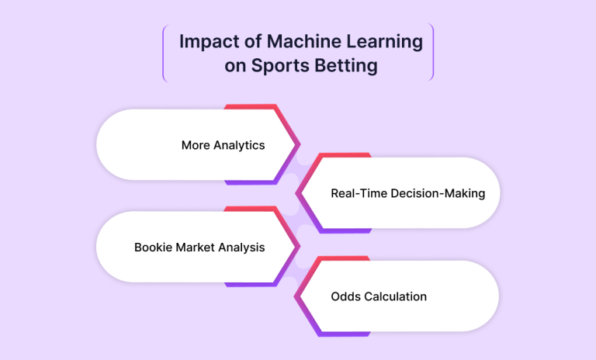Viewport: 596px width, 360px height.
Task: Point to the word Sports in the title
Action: [279, 66]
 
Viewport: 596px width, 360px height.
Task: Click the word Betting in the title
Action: [346, 66]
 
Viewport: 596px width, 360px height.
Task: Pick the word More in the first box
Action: [196, 145]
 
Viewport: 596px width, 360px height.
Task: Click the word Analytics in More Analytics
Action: [239, 146]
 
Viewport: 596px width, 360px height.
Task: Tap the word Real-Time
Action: [359, 193]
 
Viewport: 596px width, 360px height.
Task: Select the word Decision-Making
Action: [438, 194]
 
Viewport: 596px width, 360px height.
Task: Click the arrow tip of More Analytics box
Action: [300, 144]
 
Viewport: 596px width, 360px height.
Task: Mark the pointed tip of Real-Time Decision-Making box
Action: [296, 193]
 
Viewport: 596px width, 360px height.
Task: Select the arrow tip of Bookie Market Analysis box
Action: [300, 247]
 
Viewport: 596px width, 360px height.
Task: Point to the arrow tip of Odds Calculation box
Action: [295, 296]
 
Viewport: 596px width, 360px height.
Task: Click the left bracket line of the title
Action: [164, 53]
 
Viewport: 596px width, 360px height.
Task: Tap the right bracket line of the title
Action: [432, 52]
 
